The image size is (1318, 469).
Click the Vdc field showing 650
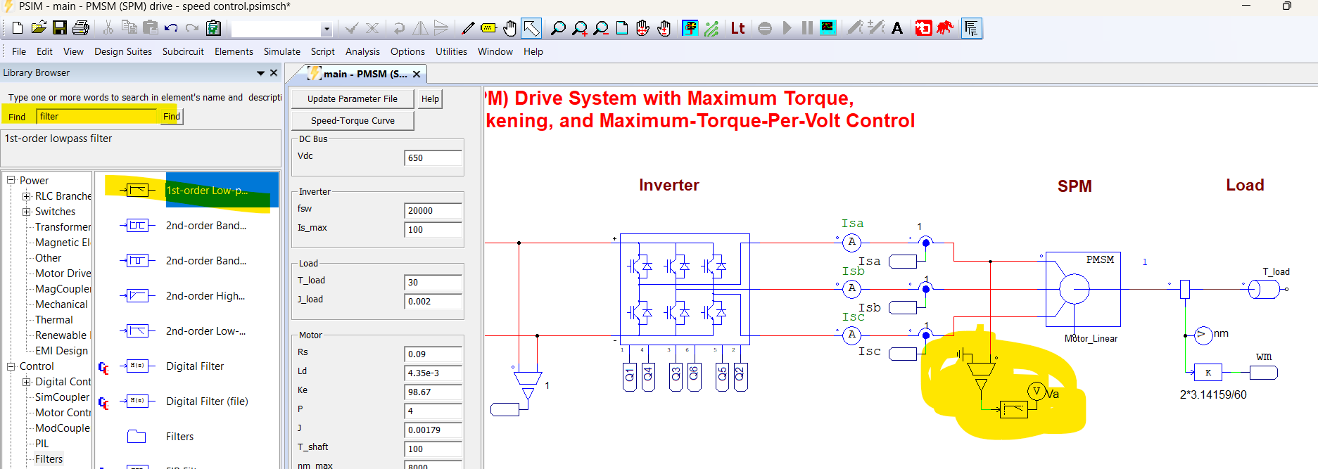tap(433, 158)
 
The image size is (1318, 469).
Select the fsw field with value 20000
tap(433, 211)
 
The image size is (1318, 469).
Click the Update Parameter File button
tap(352, 99)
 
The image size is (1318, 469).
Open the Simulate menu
tap(281, 51)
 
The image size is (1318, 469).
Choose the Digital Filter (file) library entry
tap(207, 401)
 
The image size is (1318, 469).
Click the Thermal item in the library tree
tap(54, 320)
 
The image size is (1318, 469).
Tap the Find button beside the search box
tap(172, 117)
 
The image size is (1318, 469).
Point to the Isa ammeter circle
tap(851, 243)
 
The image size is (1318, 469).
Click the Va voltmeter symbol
tap(1036, 392)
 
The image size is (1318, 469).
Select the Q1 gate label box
tap(629, 377)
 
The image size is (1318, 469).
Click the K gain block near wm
tap(1208, 373)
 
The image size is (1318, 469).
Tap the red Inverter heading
tap(668, 186)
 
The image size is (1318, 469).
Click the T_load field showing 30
tap(433, 283)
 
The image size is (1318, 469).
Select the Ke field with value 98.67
tap(433, 392)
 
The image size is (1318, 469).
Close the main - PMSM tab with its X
tap(417, 74)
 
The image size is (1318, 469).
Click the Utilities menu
tap(451, 51)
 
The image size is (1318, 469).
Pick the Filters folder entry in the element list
tap(179, 437)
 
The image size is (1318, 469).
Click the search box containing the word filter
tap(96, 117)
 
